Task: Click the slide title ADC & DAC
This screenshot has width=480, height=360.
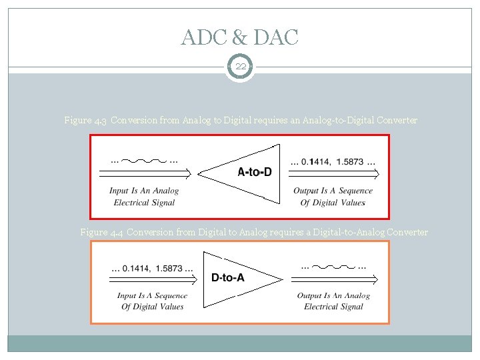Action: (239, 37)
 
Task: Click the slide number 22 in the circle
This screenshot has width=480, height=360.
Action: (239, 67)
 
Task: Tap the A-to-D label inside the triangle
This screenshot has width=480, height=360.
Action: (255, 172)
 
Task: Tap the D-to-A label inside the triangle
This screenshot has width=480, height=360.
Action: (227, 277)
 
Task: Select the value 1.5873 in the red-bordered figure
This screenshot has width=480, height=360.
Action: (351, 161)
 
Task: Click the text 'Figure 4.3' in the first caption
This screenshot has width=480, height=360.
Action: (85, 121)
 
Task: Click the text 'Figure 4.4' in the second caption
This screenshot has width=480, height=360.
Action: (101, 232)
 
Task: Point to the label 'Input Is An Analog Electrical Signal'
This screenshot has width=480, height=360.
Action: (144, 197)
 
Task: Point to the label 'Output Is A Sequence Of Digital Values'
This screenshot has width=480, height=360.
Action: (333, 197)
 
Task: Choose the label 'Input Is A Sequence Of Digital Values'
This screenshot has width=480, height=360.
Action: (152, 301)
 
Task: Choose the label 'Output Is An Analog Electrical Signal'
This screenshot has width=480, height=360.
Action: (333, 301)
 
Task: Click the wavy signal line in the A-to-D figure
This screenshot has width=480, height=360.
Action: (144, 161)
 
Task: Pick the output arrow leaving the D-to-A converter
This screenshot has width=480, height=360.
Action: (333, 281)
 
